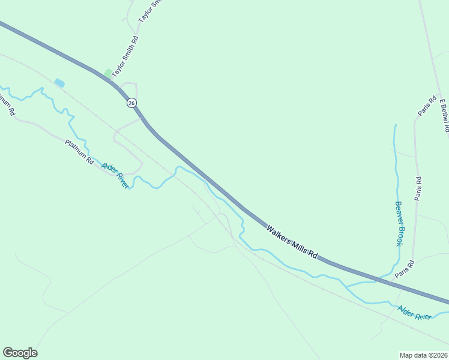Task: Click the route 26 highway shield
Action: (x=131, y=103)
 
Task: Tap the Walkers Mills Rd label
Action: (x=292, y=241)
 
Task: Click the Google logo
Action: (x=20, y=353)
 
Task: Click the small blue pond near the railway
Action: (x=59, y=83)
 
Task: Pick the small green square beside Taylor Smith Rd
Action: (x=108, y=73)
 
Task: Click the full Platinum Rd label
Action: (x=80, y=152)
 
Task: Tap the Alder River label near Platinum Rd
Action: (x=115, y=176)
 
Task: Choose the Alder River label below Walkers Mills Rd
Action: (x=414, y=313)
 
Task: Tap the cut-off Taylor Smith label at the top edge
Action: (x=149, y=10)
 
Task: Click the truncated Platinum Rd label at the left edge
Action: (x=7, y=104)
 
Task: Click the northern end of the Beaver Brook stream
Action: (x=395, y=125)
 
